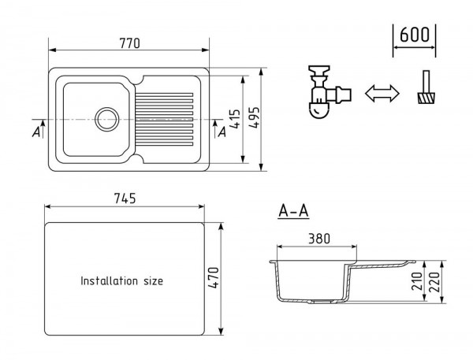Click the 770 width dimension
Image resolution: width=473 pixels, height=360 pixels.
coord(130,43)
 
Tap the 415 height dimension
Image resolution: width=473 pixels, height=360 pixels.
coord(235,119)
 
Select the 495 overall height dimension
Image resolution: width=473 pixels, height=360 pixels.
coord(254,118)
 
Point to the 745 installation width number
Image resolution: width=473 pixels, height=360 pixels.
coord(125,199)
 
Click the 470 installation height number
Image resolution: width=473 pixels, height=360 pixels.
coord(214,278)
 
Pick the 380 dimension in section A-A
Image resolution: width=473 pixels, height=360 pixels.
coord(319,239)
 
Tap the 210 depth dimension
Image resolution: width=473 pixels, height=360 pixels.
coord(417,281)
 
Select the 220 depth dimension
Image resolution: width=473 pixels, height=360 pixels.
coord(434,281)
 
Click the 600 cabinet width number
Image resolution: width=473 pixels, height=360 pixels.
coord(414,35)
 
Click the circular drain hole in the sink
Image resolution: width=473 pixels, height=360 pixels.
coord(106,120)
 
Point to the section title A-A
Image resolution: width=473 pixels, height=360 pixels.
coord(293,210)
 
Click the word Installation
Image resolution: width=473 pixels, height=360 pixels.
coord(110,280)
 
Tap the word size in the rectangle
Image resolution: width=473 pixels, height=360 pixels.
coord(153,281)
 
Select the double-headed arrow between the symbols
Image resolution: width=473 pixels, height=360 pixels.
coord(382,94)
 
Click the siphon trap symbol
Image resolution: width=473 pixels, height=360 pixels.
coord(329,91)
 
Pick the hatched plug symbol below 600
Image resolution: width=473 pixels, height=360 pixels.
coord(426,87)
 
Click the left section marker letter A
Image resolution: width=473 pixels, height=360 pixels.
coord(36,132)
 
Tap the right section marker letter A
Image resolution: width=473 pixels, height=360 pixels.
coord(222,132)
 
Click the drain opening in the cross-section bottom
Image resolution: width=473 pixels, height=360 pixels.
coord(322,301)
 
